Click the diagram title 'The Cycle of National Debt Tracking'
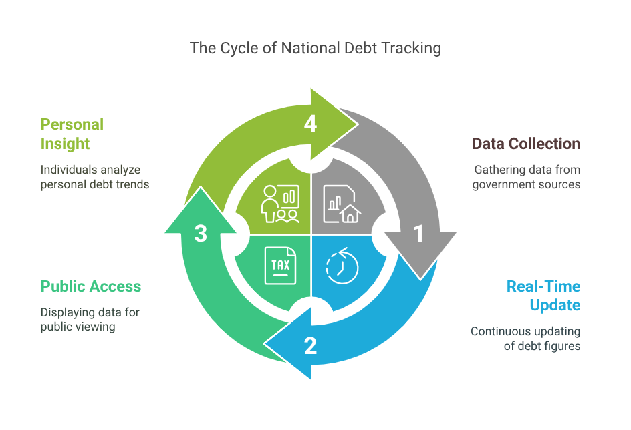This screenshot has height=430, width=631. tap(315, 48)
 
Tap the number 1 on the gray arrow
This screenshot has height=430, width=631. tap(419, 234)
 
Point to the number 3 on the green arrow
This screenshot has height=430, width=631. tap(201, 233)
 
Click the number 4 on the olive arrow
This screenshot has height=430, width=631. tap(310, 124)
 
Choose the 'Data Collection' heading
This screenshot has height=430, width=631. tap(525, 144)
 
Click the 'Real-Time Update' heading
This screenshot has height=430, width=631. tap(543, 296)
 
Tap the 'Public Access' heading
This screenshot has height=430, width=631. tap(91, 286)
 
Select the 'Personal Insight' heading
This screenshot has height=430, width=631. tap(72, 134)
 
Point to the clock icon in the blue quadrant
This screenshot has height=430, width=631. tap(342, 266)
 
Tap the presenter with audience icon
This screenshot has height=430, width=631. tap(280, 204)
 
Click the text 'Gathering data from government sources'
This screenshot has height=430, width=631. tap(526, 177)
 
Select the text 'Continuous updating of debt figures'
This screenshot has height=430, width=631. tap(525, 339)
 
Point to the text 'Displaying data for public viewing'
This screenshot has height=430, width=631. tap(90, 319)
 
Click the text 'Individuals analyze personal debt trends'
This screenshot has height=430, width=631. tap(94, 177)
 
